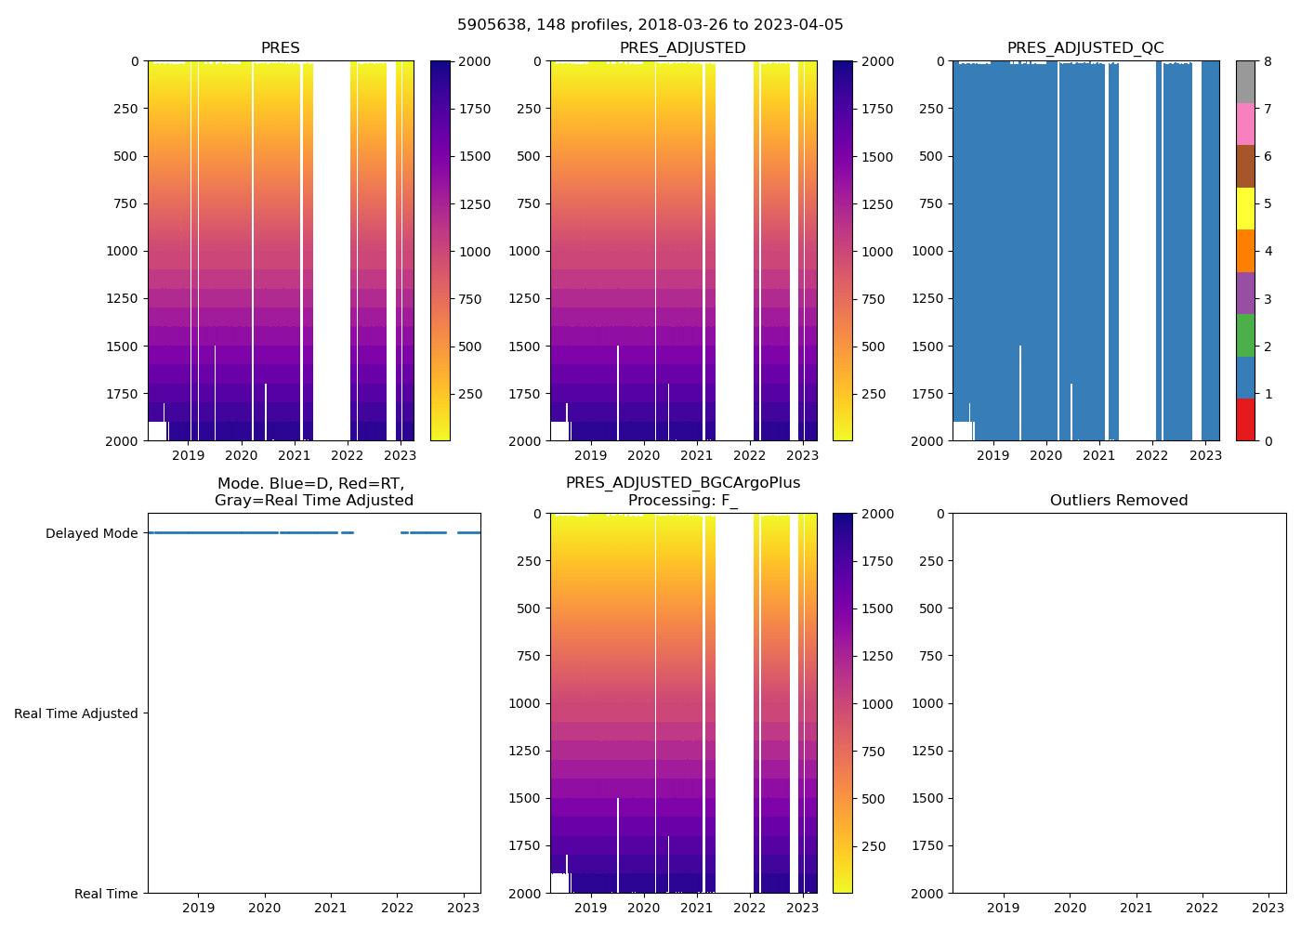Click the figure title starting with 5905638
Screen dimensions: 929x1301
tap(650, 25)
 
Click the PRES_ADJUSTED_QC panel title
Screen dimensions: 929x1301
tap(1085, 48)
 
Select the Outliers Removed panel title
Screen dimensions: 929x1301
tap(1119, 501)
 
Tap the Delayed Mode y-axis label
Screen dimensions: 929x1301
tap(91, 533)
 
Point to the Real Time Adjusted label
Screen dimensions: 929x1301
tap(76, 713)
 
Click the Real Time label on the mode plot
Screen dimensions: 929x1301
tap(106, 894)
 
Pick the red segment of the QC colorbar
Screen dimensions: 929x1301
tap(1245, 419)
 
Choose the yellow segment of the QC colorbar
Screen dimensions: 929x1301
tap(1245, 208)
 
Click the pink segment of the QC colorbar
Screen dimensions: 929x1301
tap(1245, 124)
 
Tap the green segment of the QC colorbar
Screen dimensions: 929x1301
tap(1245, 334)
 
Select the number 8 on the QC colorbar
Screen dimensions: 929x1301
tap(1268, 62)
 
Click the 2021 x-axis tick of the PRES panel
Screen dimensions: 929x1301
tap(295, 455)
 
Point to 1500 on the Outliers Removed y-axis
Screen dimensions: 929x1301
tap(932, 798)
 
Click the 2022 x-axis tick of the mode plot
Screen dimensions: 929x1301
tap(397, 908)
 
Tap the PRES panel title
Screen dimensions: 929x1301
tap(280, 48)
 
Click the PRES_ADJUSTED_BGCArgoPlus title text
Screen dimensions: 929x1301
tap(683, 483)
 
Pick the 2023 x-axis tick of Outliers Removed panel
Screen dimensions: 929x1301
tap(1268, 908)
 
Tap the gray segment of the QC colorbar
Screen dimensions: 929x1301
tap(1245, 82)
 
